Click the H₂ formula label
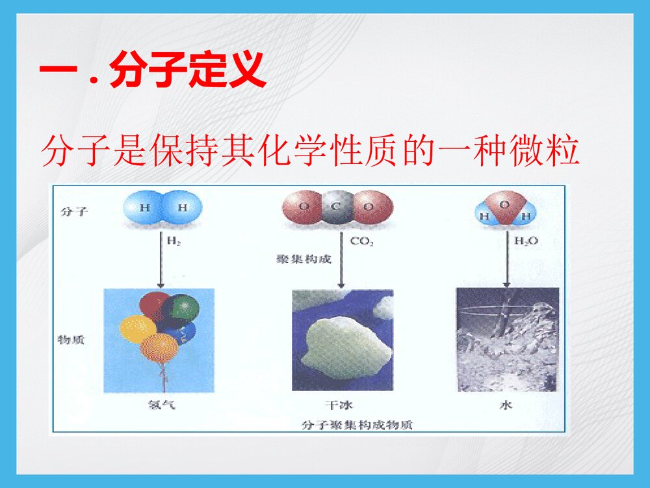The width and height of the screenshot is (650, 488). click(x=174, y=241)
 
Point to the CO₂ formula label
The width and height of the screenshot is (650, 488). click(x=362, y=241)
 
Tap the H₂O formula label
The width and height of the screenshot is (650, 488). click(x=526, y=241)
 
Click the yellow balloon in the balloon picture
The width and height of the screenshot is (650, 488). click(x=136, y=329)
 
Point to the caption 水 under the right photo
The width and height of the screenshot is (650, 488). click(x=506, y=405)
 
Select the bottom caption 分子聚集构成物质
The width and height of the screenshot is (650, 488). click(x=357, y=426)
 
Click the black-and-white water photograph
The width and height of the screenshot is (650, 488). click(x=508, y=339)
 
